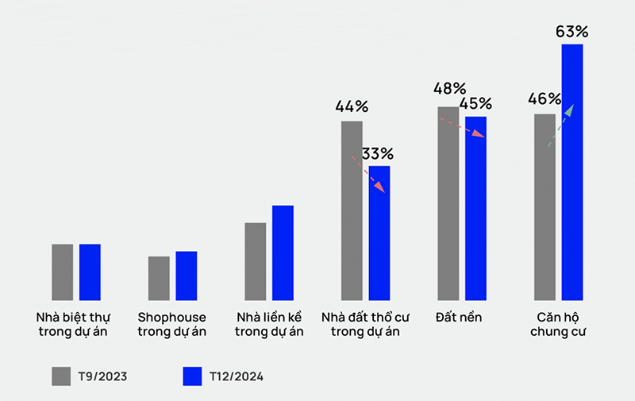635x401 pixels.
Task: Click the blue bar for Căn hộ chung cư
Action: pyautogui.click(x=571, y=172)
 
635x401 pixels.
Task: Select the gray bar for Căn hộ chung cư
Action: pyautogui.click(x=545, y=206)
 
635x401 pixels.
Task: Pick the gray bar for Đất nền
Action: pyautogui.click(x=448, y=203)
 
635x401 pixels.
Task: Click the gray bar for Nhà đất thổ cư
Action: pyautogui.click(x=352, y=210)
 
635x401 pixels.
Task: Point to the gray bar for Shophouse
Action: pyautogui.click(x=159, y=278)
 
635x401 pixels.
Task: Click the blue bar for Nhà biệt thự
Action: pyautogui.click(x=90, y=272)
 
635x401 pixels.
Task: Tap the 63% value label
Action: pyautogui.click(x=571, y=33)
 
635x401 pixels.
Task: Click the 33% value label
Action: pyautogui.click(x=378, y=153)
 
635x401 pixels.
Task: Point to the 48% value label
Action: pyautogui.click(x=449, y=88)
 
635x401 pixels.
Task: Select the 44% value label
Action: pyautogui.click(x=352, y=106)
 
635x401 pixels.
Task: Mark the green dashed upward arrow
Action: pyautogui.click(x=560, y=125)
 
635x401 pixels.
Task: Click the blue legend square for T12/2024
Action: pyautogui.click(x=192, y=376)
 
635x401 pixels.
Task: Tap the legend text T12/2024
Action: pyautogui.click(x=237, y=376)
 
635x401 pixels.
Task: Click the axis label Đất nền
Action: pyautogui.click(x=459, y=317)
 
